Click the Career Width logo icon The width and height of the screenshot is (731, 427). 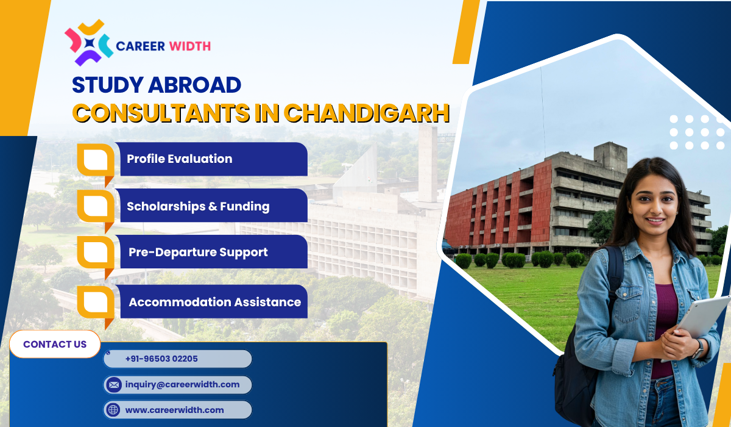click(89, 43)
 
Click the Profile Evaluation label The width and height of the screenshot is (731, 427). click(179, 159)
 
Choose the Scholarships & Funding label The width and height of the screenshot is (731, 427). click(197, 206)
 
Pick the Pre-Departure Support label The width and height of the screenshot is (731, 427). click(198, 252)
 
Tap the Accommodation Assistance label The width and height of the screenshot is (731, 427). click(214, 302)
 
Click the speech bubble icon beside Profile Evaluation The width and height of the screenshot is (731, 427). click(96, 160)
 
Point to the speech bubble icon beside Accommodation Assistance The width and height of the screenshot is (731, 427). click(96, 303)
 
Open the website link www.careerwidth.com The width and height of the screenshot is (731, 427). click(174, 410)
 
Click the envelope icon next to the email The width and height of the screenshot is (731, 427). click(113, 385)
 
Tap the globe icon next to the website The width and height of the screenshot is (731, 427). click(113, 410)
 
